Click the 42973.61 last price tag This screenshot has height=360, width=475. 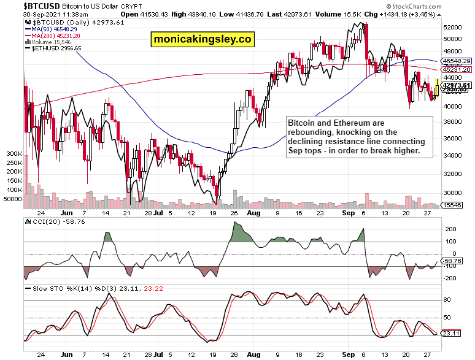tap(458, 85)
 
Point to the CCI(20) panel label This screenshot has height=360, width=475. tap(43, 221)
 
